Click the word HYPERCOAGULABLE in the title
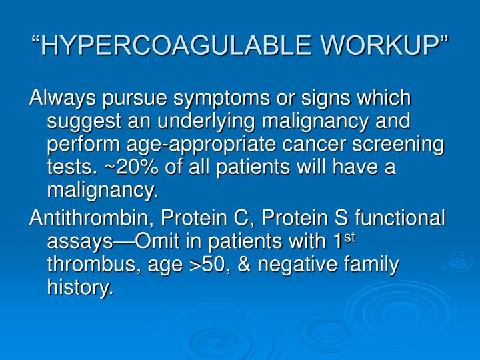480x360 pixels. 164,46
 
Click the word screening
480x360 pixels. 401,145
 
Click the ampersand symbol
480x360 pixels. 244,265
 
